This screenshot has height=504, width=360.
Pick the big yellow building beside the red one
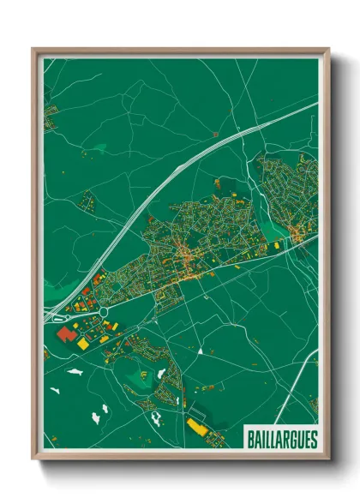coord(83,343)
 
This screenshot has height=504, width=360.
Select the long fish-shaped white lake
coord(75,373)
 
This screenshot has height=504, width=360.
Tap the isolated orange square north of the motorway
coord(214,135)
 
